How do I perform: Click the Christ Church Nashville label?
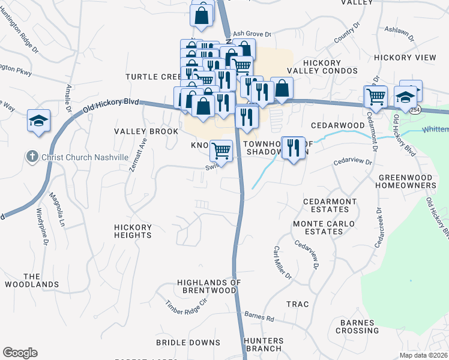pos(85,157)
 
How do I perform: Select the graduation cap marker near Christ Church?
pos(38,122)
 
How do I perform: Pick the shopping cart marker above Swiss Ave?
pos(221,151)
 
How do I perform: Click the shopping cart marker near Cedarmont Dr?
pos(376,97)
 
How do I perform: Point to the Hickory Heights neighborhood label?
pos(133,231)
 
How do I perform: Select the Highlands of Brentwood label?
pos(209,286)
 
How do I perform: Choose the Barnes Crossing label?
pos(359,326)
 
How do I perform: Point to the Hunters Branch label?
pos(263,344)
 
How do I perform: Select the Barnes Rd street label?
pos(259,317)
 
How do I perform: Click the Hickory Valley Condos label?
pos(322,67)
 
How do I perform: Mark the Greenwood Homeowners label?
pos(406,182)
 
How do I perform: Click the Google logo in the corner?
pos(20,353)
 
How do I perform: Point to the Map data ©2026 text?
pos(423,355)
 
